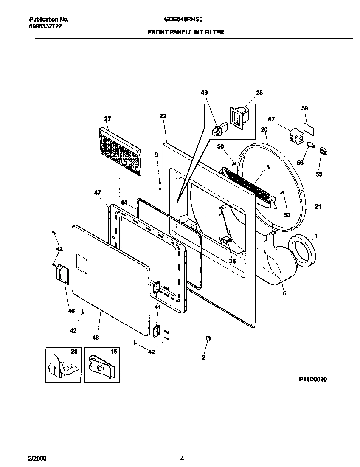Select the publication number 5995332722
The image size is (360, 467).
(45, 26)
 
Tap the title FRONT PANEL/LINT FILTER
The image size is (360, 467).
(186, 32)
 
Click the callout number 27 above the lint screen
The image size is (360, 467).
(107, 118)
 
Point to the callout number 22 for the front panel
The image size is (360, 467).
(163, 116)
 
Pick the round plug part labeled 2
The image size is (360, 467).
(208, 338)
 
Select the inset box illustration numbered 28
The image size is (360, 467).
(63, 364)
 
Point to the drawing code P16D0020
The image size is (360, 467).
(313, 380)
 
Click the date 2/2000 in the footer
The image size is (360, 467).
(38, 458)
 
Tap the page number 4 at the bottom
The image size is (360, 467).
(182, 458)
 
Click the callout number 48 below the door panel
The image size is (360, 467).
(96, 338)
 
